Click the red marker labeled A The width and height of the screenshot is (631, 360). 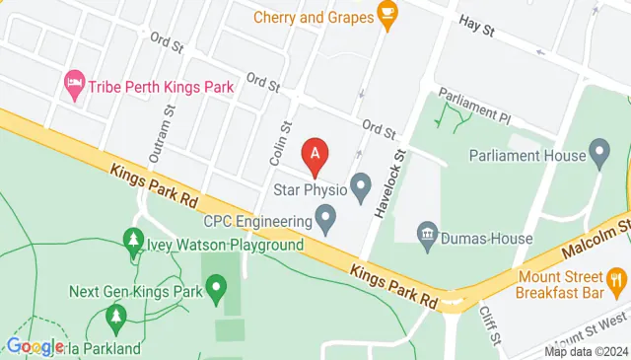tap(315, 154)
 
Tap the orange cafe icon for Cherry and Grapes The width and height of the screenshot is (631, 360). tap(387, 16)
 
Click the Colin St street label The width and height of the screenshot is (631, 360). tap(281, 142)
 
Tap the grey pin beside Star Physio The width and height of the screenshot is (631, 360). tap(361, 184)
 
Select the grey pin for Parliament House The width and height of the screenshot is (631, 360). tap(598, 153)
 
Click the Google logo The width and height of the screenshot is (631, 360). tap(35, 346)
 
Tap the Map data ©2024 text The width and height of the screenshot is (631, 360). tap(587, 351)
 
